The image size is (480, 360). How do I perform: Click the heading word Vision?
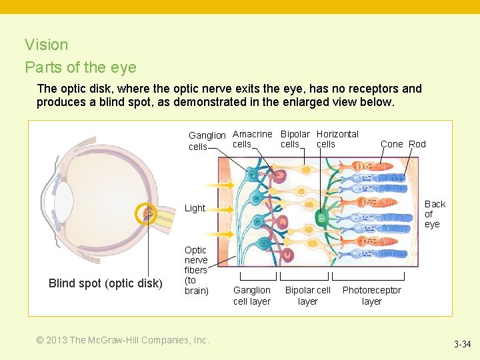tap(47, 45)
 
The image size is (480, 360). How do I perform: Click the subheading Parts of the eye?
tap(81, 67)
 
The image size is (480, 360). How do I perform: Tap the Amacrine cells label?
tap(252, 139)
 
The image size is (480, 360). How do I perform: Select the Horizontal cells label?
tap(337, 139)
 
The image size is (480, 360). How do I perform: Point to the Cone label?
tap(392, 144)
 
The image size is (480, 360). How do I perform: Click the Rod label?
tap(417, 144)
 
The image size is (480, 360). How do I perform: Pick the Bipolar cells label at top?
tap(295, 139)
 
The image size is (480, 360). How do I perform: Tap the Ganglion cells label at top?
tap(207, 141)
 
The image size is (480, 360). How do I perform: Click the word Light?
tap(195, 208)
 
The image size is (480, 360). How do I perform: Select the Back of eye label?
tap(435, 214)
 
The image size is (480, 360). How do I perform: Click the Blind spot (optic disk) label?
tap(105, 283)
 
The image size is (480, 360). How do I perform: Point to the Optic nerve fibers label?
tap(196, 270)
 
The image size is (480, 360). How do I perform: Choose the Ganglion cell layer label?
tap(252, 295)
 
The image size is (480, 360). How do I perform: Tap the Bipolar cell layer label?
tap(307, 295)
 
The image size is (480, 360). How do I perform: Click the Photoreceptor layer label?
tap(371, 295)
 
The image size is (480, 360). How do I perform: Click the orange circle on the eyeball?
tap(145, 214)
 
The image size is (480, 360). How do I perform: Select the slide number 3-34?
tap(462, 345)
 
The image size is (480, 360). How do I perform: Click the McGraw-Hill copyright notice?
tap(123, 340)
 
